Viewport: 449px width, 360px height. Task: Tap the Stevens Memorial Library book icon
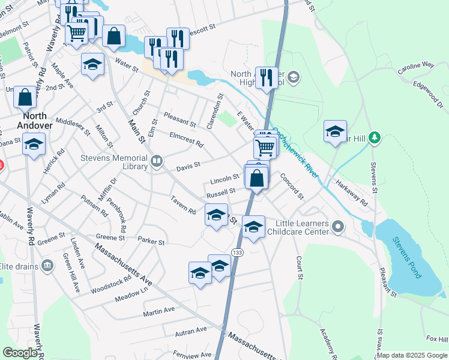click(157, 161)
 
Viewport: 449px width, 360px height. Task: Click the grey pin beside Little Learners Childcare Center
click(339, 227)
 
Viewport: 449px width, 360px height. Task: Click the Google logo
click(20, 352)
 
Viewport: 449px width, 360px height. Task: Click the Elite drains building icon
click(47, 265)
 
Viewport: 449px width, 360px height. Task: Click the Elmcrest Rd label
click(186, 140)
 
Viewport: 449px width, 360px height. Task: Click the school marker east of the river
click(335, 132)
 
